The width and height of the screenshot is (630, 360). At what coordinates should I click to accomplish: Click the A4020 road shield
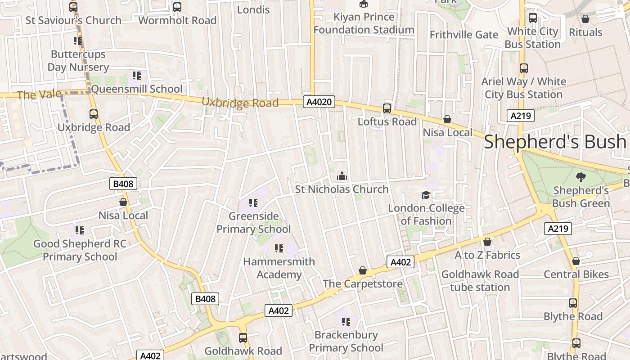[319, 102]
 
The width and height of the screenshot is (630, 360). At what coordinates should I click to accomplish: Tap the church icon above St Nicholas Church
[342, 175]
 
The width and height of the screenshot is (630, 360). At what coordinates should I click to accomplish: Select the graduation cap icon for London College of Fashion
[426, 195]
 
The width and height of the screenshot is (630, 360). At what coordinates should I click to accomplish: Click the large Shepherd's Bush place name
[555, 142]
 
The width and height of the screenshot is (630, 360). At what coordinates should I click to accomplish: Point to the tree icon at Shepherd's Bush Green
[580, 177]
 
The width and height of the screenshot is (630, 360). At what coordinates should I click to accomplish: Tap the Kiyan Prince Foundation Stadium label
[364, 23]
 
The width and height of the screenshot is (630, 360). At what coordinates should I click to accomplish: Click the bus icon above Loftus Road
[387, 108]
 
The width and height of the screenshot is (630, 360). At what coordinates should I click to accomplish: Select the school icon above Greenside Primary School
[253, 203]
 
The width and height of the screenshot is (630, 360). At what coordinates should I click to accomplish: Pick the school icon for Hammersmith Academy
[279, 248]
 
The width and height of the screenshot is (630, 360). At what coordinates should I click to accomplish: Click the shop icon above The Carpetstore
[363, 270]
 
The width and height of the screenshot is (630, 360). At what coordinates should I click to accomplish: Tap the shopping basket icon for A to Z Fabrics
[487, 242]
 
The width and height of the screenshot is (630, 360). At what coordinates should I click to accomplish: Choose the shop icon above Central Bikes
[576, 261]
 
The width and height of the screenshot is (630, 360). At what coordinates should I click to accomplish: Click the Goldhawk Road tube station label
[480, 281]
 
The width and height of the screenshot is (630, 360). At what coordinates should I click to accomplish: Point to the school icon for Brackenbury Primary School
[346, 321]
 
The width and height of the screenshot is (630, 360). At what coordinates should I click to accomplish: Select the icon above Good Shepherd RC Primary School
[80, 230]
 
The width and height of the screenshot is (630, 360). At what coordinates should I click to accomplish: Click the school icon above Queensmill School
[137, 76]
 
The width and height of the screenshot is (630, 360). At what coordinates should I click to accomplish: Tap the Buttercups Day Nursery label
[78, 61]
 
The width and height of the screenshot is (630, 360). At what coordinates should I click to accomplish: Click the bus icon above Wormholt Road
[177, 7]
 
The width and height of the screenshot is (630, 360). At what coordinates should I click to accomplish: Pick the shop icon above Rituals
[585, 19]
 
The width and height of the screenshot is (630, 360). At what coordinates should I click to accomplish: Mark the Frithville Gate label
[464, 35]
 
